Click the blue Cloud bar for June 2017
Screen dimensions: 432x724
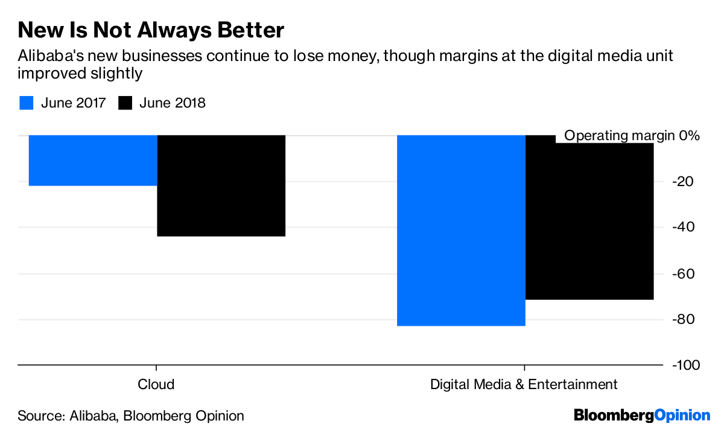click(92, 160)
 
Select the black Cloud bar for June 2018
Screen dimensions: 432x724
click(221, 185)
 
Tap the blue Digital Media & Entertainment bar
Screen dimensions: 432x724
click(461, 230)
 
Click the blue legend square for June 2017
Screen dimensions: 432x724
click(26, 103)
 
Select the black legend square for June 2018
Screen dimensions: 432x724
click(125, 103)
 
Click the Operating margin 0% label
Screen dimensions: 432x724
click(631, 136)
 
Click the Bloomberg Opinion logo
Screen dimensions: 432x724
click(642, 415)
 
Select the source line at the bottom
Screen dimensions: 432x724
click(131, 416)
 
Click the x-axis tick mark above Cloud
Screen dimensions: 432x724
click(157, 369)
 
